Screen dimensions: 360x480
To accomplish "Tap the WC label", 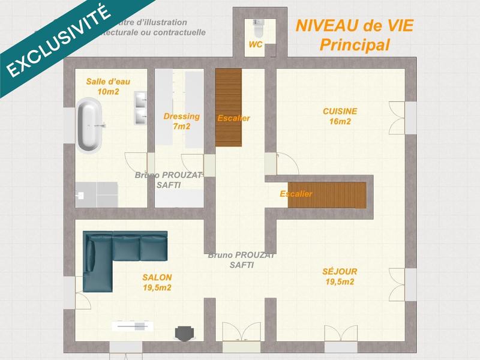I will coord(256,45).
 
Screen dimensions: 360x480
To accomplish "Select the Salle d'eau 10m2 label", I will coord(108,86).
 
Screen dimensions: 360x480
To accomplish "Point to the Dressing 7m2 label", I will coord(181,121).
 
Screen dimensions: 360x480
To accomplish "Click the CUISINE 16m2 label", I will coord(340,116).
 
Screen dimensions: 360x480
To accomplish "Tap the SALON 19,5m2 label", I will coord(157,282).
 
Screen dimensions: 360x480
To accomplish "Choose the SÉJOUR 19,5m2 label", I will coord(339,276).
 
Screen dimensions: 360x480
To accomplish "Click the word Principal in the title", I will coord(355,44).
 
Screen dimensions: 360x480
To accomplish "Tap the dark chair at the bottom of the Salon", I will coord(183,332).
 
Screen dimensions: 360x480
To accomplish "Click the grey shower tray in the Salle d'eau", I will coord(96,193).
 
